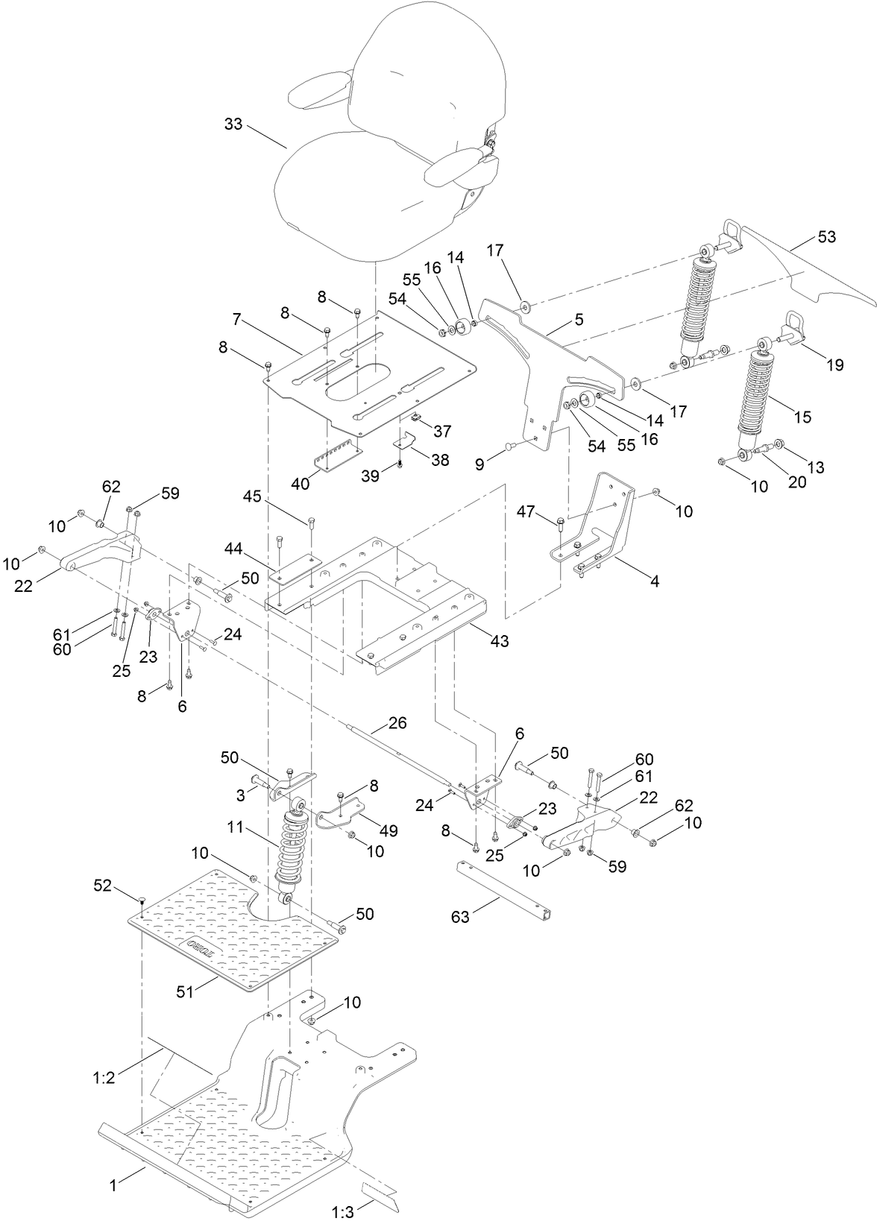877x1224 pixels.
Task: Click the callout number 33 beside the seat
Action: [233, 124]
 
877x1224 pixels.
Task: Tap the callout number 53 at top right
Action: [826, 238]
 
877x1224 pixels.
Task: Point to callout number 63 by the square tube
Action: [460, 916]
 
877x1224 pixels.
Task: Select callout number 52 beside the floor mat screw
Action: [102, 886]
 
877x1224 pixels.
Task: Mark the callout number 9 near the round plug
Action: [480, 463]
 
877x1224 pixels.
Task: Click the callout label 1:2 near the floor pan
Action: [104, 1077]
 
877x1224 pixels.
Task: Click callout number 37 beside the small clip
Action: [442, 431]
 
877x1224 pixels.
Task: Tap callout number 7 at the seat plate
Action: [236, 320]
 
